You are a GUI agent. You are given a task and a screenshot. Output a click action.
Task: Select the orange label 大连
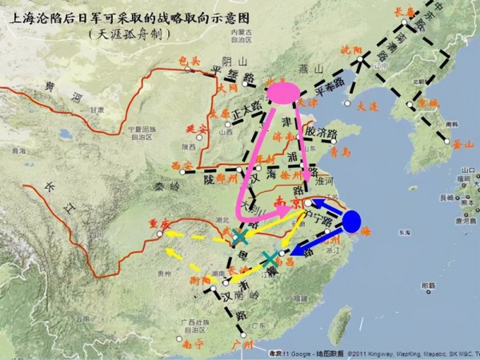coord(366,105)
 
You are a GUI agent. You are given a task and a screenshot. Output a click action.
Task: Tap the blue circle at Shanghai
coord(351,222)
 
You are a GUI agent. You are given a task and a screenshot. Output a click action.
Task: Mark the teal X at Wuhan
coord(240,237)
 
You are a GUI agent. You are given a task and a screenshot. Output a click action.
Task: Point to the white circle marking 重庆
coord(161,234)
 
